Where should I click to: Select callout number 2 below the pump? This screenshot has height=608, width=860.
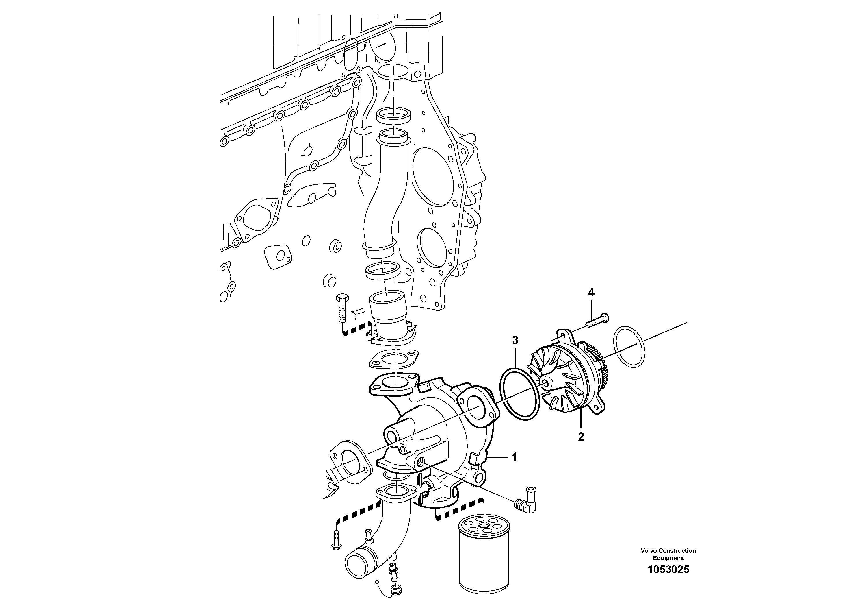click(x=581, y=437)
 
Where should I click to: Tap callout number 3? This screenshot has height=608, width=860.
click(x=515, y=340)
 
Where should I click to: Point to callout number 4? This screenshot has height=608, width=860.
click(x=591, y=292)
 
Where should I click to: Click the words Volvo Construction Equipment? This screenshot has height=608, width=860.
click(x=668, y=554)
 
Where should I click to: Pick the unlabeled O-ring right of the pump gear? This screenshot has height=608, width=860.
click(x=629, y=347)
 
